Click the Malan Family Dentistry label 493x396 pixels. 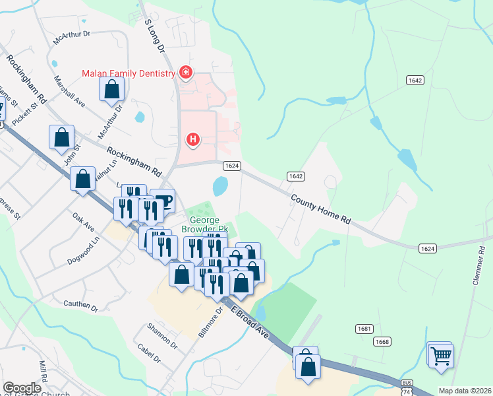click(x=128, y=73)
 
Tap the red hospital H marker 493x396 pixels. click(x=193, y=139)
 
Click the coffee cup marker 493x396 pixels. click(x=162, y=201)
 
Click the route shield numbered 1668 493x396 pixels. click(x=382, y=341)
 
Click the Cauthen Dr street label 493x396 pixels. click(x=80, y=306)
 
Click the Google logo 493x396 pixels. click(x=22, y=388)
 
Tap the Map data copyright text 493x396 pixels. click(x=464, y=391)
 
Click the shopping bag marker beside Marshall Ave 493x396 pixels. click(x=111, y=89)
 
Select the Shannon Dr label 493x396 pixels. click(x=162, y=336)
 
